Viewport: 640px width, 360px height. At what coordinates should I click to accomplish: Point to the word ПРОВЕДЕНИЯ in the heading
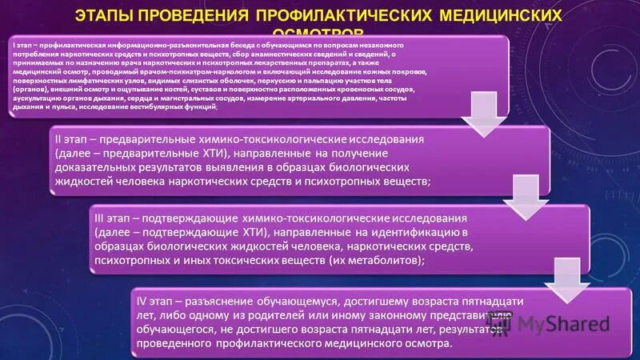pos(201,17)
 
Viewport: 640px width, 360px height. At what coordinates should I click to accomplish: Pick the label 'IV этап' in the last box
pos(158,302)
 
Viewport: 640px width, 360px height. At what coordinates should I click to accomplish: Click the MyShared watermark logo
pos(560,326)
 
